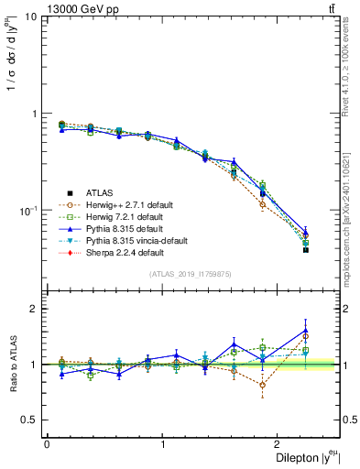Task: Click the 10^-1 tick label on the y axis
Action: [27, 210]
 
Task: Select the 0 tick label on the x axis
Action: [46, 444]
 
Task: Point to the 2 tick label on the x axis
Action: [280, 444]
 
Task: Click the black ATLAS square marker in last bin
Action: [306, 250]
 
